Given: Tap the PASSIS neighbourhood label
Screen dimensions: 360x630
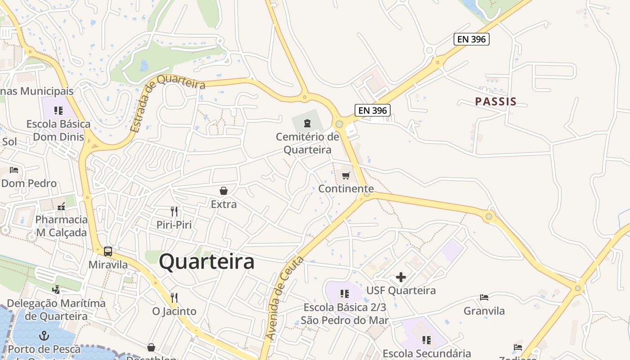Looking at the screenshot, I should [x=496, y=102].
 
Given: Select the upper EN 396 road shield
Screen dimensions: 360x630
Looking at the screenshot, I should [x=471, y=39].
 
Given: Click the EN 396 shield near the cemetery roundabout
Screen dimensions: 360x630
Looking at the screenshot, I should [x=372, y=110].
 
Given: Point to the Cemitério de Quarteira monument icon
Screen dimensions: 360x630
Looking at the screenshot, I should [x=307, y=123].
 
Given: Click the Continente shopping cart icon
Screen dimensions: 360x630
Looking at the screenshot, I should [x=346, y=175].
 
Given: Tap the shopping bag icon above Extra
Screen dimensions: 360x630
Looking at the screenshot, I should [x=224, y=191].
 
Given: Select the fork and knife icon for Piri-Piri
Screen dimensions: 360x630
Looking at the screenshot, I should [x=174, y=211].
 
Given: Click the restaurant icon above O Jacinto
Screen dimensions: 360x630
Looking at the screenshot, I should [x=174, y=297].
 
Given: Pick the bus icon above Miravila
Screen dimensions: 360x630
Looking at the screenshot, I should [x=108, y=252].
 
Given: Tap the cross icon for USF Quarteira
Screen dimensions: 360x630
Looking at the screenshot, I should [x=401, y=277].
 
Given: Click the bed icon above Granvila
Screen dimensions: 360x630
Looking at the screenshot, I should [x=484, y=297].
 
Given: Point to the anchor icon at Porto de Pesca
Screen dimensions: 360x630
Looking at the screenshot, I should [x=44, y=335].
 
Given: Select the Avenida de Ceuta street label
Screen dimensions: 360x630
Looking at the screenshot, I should [x=284, y=298].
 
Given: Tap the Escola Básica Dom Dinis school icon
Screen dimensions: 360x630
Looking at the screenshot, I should [x=58, y=110].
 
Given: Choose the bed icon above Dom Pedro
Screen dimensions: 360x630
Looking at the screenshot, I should [x=14, y=170].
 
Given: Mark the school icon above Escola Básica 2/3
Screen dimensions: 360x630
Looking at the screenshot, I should [x=345, y=294].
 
